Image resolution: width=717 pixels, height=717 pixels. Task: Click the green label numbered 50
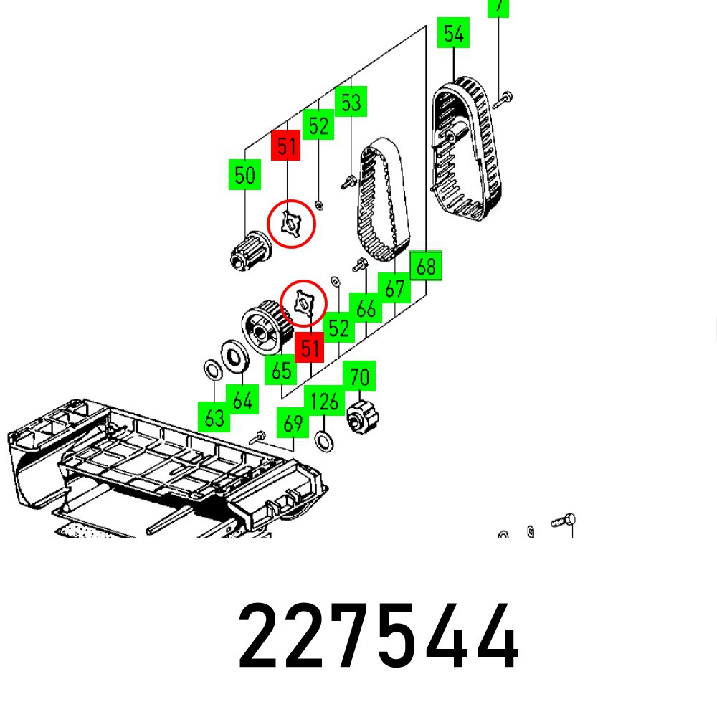pos(245,176)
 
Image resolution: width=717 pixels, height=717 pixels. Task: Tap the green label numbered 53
pos(351,103)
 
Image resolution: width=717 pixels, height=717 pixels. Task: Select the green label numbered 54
pos(453,34)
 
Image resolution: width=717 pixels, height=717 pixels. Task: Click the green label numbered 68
pos(426,267)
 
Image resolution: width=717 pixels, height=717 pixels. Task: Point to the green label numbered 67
pos(395,289)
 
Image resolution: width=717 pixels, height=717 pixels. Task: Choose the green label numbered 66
pos(366,309)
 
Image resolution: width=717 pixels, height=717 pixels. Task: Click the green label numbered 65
pos(282,371)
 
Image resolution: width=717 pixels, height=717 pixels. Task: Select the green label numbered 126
pos(325,402)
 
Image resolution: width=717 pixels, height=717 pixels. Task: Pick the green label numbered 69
pos(293,424)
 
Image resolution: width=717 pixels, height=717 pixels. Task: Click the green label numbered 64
pos(243,401)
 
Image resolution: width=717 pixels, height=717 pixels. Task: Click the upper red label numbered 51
pos(286,146)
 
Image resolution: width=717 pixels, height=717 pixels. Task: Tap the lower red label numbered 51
pos(309,349)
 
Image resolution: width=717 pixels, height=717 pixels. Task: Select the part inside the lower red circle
pos(304,303)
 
